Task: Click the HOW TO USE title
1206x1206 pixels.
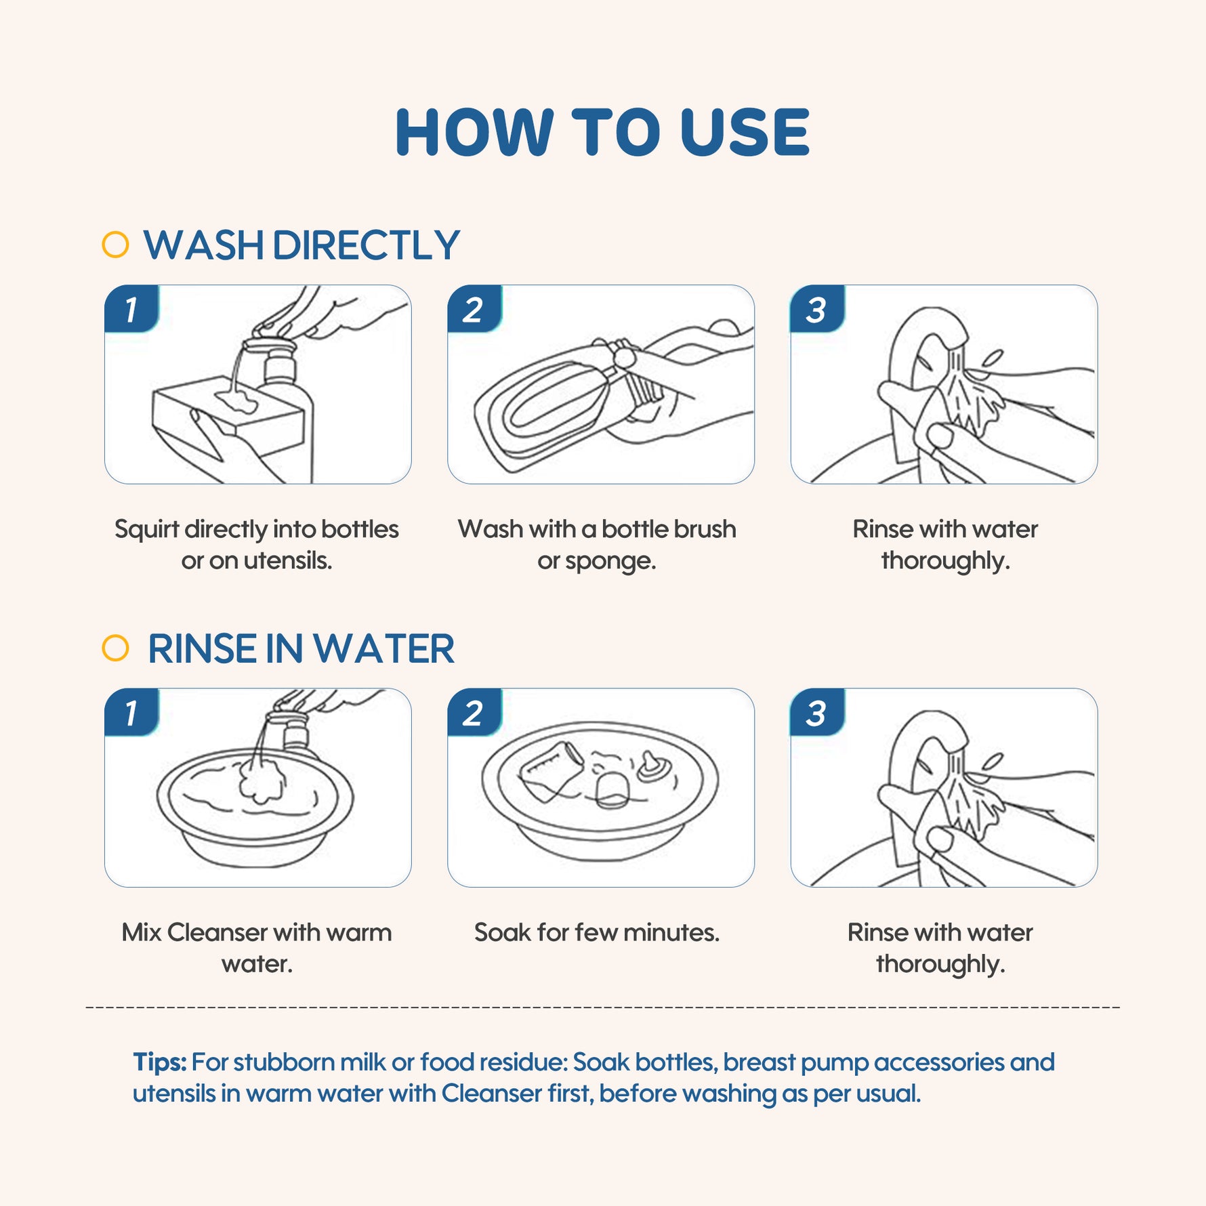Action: [x=602, y=132]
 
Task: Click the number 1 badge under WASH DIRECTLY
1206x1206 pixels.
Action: [x=131, y=309]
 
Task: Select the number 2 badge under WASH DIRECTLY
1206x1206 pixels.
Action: [x=474, y=309]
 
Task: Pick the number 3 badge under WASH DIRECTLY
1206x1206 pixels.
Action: [x=817, y=309]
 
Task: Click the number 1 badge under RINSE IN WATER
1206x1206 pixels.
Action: [x=131, y=712]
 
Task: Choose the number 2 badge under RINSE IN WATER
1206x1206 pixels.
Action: [x=474, y=712]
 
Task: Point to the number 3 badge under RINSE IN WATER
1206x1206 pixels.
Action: [x=817, y=712]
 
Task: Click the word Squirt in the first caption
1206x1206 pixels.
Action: [x=146, y=530]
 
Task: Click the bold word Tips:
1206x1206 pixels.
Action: [x=160, y=1062]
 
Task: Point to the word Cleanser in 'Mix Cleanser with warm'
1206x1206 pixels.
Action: [x=217, y=932]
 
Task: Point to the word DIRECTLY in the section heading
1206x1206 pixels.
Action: [x=366, y=245]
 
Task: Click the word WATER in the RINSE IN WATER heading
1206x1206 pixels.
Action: [x=383, y=649]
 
